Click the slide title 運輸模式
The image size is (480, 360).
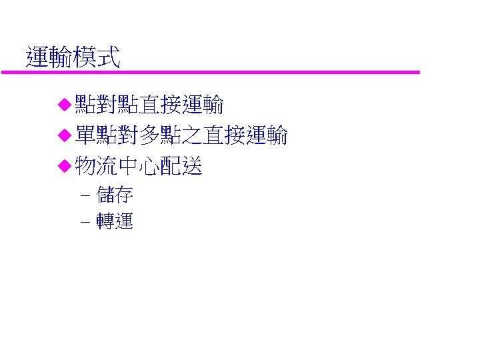pyautogui.click(x=73, y=58)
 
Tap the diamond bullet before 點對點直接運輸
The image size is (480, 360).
pyautogui.click(x=64, y=104)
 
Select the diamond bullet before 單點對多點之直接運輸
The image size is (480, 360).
pyautogui.click(x=64, y=137)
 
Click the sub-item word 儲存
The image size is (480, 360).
pyautogui.click(x=115, y=195)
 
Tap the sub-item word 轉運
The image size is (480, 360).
pyautogui.click(x=115, y=222)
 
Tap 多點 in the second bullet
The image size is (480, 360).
pyautogui.click(x=160, y=137)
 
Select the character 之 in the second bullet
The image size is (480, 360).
pyautogui.click(x=192, y=137)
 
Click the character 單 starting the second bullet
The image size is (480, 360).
pyautogui.click(x=85, y=137)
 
